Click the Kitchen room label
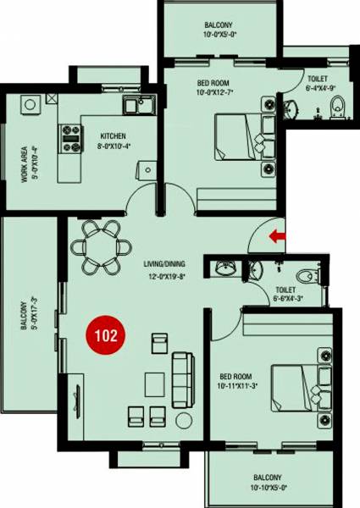point(114,135)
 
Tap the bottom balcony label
point(272,479)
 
